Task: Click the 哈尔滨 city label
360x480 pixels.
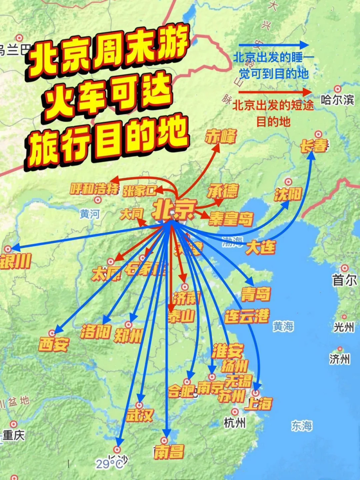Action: click(x=337, y=100)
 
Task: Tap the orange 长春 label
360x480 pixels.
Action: click(x=314, y=146)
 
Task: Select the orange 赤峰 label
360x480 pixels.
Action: click(x=221, y=136)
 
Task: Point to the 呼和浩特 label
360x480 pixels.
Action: click(x=94, y=189)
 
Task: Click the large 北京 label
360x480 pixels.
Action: click(x=173, y=209)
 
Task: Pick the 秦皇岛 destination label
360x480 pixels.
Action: click(x=231, y=219)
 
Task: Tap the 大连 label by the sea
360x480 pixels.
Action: click(x=260, y=247)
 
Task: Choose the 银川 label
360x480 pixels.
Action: click(x=15, y=261)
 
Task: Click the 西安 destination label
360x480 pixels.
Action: click(x=54, y=344)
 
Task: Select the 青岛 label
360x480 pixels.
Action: click(x=256, y=294)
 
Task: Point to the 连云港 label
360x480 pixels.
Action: click(x=247, y=316)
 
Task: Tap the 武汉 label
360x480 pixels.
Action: click(x=140, y=415)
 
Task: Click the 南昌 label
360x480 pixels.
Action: click(x=169, y=452)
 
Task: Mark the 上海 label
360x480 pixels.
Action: click(x=258, y=403)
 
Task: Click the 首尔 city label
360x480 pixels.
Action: click(x=344, y=280)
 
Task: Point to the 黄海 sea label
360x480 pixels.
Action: click(x=283, y=326)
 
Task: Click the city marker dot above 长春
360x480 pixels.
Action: click(x=318, y=134)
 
